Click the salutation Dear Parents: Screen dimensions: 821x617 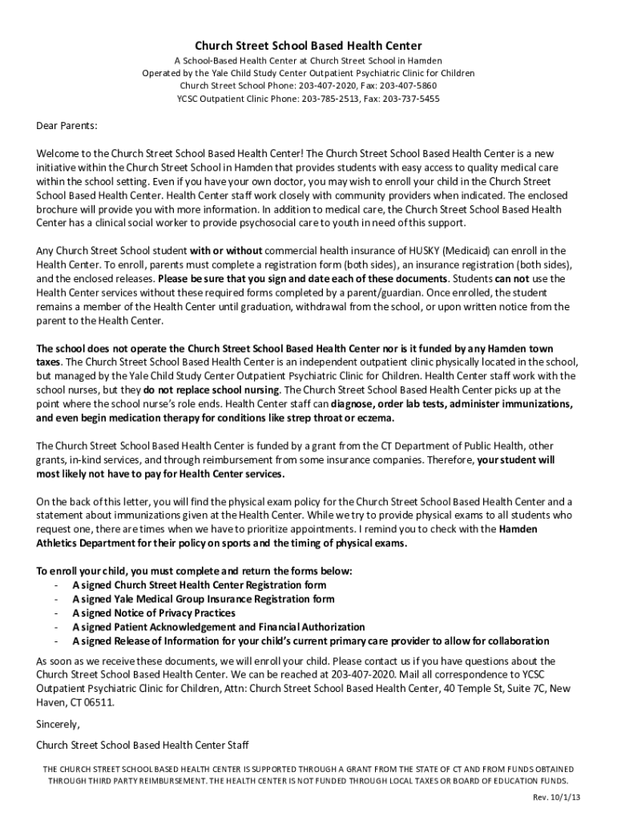[67, 126]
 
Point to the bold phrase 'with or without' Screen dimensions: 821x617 [226, 251]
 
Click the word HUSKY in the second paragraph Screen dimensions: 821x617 [407, 251]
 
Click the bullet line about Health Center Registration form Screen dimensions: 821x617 [199, 585]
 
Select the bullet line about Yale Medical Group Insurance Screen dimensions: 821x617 [204, 599]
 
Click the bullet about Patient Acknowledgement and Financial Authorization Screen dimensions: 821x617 [219, 627]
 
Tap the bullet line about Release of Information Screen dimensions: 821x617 [311, 641]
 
